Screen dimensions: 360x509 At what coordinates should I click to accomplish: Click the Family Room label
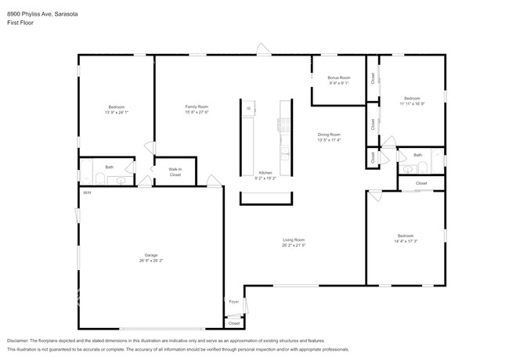(197, 106)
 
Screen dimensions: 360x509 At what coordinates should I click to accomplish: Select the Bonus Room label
(338, 77)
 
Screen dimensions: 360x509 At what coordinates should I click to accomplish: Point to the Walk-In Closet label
(175, 171)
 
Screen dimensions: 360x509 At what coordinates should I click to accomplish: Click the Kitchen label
(265, 172)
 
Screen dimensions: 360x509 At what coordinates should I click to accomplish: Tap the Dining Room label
(329, 135)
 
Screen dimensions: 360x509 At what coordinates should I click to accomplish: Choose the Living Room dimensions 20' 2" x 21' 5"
(294, 245)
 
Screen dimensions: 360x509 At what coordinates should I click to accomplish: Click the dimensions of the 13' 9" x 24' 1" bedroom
(116, 112)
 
